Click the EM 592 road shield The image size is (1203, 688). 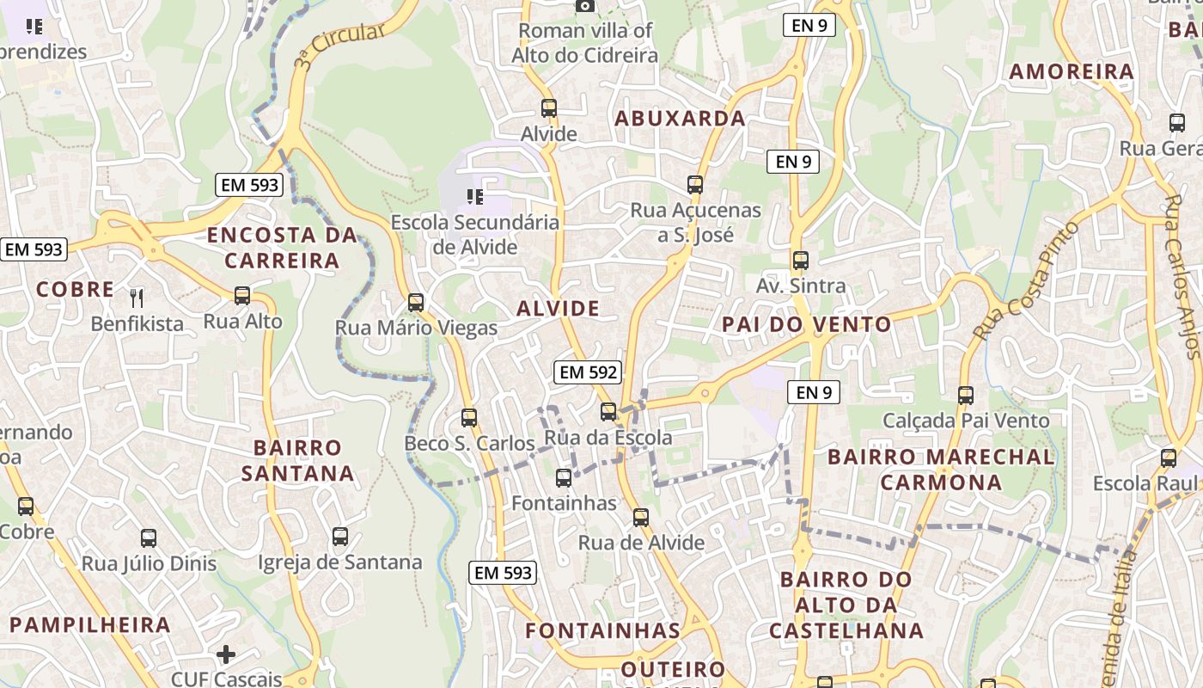coord(589,372)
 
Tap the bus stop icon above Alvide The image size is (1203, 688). coord(549,108)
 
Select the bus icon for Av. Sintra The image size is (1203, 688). coord(801,260)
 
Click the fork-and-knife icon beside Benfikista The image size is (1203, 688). coord(137,298)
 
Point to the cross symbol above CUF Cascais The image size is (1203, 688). coord(226,654)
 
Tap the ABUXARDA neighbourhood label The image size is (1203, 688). coord(680,119)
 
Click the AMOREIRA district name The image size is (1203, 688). coord(1072,72)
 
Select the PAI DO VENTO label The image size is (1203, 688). coord(807,325)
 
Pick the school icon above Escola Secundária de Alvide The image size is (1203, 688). coord(474,197)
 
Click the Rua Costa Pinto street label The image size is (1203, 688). coord(1026,279)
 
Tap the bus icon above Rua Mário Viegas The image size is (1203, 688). coord(416,302)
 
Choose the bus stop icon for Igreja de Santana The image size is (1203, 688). coord(340,537)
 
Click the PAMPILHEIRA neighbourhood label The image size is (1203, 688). coord(90,625)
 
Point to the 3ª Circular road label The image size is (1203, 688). coord(339,46)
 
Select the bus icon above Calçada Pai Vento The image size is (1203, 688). coord(966,395)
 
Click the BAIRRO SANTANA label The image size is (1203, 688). coord(297,461)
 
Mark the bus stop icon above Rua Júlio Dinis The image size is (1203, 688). coord(149,538)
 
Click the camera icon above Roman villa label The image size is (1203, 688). coord(584,6)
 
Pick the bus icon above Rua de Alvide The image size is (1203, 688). coord(641,517)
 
